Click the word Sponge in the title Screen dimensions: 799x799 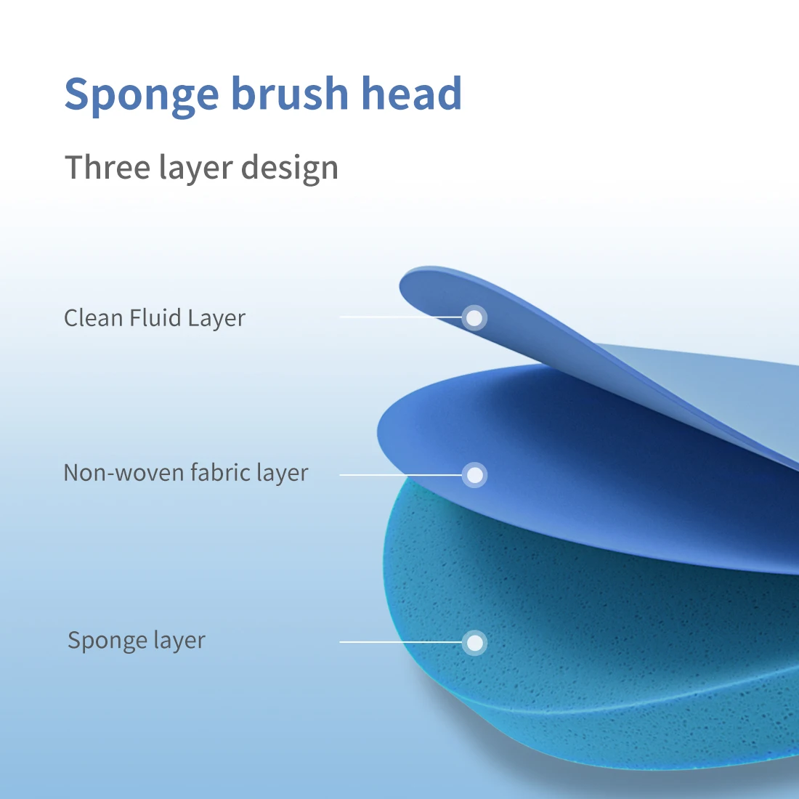pos(141,95)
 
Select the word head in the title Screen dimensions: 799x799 pos(411,94)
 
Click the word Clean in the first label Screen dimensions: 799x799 pos(93,318)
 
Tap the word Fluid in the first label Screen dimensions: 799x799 pos(155,318)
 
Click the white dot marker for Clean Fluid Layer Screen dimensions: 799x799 pos(474,317)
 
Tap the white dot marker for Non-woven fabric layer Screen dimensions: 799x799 pos(474,475)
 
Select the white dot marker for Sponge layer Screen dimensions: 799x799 pos(474,643)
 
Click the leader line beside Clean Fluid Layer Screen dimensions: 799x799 pos(399,317)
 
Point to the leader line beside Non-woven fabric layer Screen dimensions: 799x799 pos(399,475)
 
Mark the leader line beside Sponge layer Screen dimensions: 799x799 pos(399,643)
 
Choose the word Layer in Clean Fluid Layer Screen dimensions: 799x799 pos(216,319)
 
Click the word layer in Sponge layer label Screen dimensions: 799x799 pos(179,641)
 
